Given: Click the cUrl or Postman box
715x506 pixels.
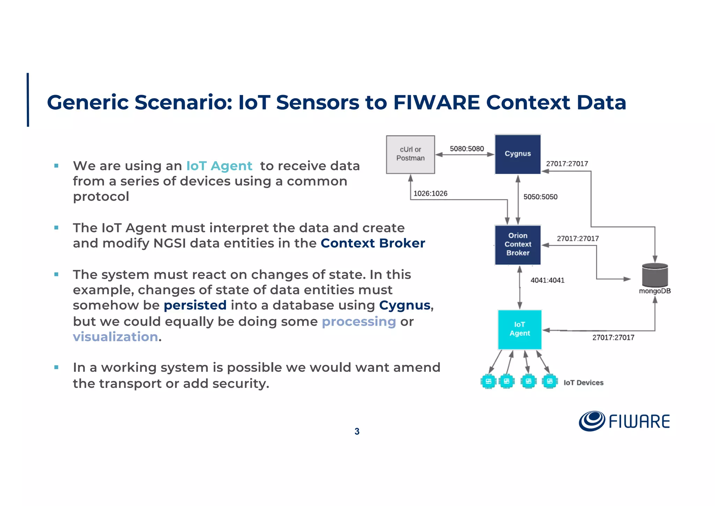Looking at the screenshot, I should click(x=410, y=154).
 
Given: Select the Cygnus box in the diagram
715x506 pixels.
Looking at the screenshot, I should click(x=517, y=154).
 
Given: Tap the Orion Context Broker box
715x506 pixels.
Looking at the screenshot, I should click(x=517, y=245).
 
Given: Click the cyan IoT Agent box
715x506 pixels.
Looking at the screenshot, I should click(x=519, y=329).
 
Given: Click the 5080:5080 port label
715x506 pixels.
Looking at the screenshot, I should click(x=466, y=149).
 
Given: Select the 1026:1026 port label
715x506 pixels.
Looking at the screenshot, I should click(x=430, y=194).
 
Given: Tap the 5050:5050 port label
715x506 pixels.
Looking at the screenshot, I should click(x=540, y=197).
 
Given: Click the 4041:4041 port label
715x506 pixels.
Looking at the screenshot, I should click(x=547, y=280).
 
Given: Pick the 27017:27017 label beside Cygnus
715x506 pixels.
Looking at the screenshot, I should click(x=567, y=164).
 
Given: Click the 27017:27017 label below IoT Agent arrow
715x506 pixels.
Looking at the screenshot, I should click(x=613, y=338).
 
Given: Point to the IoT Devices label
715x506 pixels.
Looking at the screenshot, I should click(x=583, y=383).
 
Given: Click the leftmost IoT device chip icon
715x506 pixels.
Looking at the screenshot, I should click(x=488, y=381).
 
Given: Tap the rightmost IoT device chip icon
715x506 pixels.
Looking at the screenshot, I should click(x=549, y=381).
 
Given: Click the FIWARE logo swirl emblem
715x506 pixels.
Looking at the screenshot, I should click(x=591, y=421).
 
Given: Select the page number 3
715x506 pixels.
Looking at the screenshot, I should click(x=357, y=432).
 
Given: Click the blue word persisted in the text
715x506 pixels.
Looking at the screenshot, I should click(x=195, y=305).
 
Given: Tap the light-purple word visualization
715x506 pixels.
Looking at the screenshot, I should click(x=115, y=337).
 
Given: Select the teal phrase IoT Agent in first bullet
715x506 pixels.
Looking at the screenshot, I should click(x=219, y=166).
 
